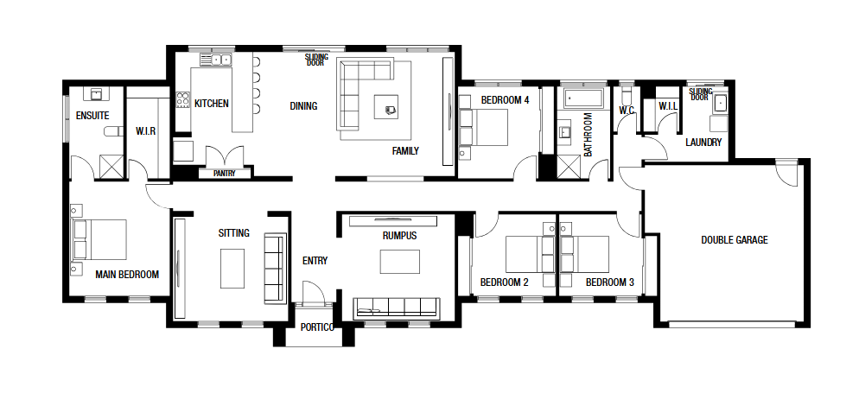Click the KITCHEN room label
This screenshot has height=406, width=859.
[212, 103]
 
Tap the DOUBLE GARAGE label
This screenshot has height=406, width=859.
[734, 239]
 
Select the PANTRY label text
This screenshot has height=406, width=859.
[225, 173]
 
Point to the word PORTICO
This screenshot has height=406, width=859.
[317, 327]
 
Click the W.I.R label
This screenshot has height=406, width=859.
[146, 131]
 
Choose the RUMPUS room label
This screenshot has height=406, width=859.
[399, 236]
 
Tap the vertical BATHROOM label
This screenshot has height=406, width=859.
[588, 135]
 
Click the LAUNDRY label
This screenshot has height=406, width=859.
[703, 142]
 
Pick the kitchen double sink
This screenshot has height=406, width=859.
[216, 60]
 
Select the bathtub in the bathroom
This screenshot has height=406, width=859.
[583, 98]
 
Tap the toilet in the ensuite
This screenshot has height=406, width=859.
[114, 131]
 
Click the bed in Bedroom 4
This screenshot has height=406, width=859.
[483, 127]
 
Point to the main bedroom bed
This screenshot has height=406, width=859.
[99, 239]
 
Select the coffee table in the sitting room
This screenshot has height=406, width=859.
[232, 268]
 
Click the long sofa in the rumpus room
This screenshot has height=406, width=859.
[397, 308]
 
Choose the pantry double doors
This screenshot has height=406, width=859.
[225, 155]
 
